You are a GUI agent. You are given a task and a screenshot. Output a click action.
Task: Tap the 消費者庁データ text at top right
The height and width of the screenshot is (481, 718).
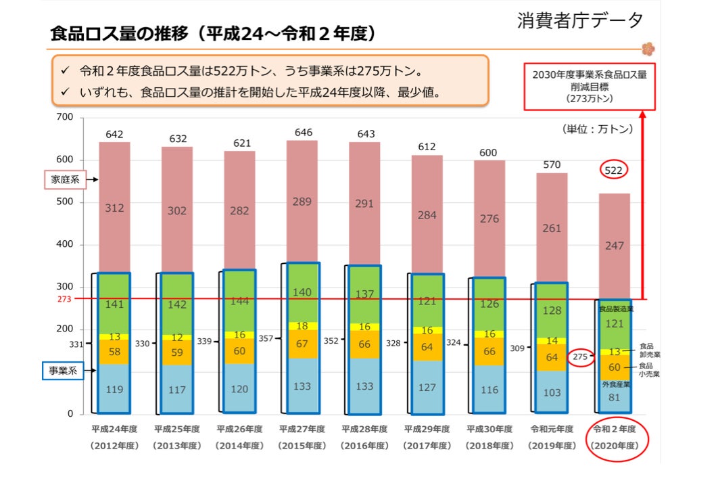[x=580, y=21]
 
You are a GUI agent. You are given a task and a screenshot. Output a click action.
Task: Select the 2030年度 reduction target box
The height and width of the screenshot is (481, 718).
[x=589, y=86]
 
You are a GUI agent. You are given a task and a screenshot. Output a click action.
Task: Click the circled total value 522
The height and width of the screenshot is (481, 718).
[x=613, y=170]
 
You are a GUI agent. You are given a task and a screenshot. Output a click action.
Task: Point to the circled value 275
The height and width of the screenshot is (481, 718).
[x=580, y=357]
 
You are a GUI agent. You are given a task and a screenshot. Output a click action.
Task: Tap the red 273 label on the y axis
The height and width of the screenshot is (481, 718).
[x=65, y=298]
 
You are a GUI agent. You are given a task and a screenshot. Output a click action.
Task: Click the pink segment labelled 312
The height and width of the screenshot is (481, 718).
[x=114, y=208]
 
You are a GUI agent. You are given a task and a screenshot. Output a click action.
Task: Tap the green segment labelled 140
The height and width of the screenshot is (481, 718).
[x=304, y=292]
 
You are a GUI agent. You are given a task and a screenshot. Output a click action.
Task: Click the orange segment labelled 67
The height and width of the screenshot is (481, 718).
[x=304, y=344]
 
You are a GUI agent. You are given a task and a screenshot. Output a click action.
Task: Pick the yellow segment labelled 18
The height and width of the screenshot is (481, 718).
[x=304, y=326]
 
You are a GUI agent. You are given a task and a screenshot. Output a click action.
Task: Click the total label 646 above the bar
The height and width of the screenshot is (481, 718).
[x=304, y=132]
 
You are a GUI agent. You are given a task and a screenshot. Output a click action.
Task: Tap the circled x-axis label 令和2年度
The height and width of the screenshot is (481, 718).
[x=615, y=437]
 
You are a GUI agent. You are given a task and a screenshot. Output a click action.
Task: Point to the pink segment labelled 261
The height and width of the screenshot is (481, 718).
[x=552, y=228]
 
